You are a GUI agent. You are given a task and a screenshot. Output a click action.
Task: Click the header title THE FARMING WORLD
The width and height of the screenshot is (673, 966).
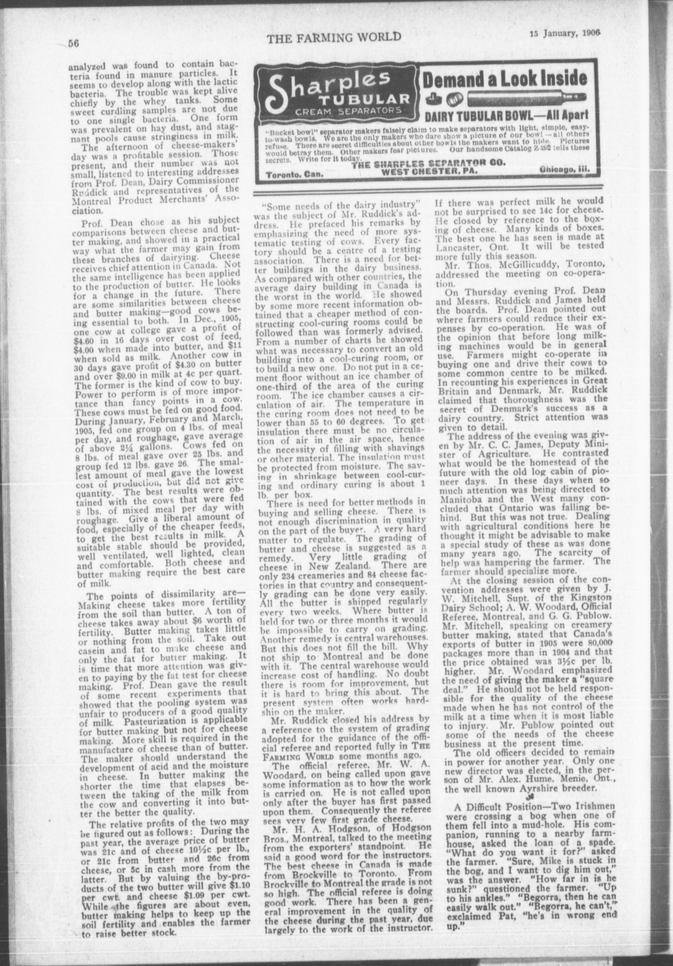coord(334,38)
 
